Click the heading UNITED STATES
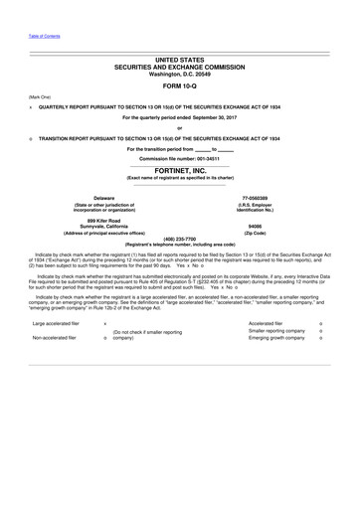[179, 61]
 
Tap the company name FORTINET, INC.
[180, 170]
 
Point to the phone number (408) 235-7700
[179, 239]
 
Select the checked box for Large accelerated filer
[104, 324]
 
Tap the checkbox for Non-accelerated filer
[104, 338]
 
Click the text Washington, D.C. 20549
[179, 73]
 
